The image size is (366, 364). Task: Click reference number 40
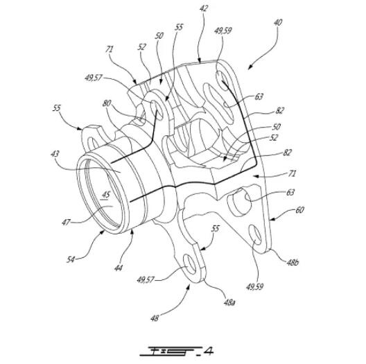point(278,23)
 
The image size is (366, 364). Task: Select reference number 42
point(203,8)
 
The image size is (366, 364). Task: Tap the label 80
point(107,103)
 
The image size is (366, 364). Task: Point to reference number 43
point(55,154)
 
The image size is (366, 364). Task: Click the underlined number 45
point(106,195)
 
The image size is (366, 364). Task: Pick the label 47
point(66,222)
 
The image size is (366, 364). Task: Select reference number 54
point(71,259)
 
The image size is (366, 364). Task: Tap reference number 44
point(119,268)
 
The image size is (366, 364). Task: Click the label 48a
point(229,302)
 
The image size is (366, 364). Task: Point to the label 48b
point(293,263)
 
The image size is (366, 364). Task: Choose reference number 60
point(299,210)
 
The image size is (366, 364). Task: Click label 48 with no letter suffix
point(155,318)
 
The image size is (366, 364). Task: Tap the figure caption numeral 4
point(208,351)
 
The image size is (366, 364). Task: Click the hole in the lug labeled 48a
point(190,264)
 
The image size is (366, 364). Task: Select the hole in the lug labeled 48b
point(255,235)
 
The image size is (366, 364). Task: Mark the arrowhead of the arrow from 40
point(250,67)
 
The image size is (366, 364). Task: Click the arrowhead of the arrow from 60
point(271,219)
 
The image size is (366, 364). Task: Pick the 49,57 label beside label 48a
point(146,279)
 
